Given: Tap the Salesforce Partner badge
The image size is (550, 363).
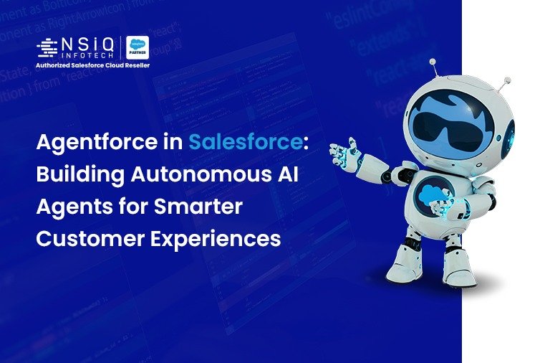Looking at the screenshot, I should point(137,48).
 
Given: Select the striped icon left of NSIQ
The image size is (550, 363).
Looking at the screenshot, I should point(47,47).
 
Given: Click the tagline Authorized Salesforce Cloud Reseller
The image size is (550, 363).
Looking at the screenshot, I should point(93,66).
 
